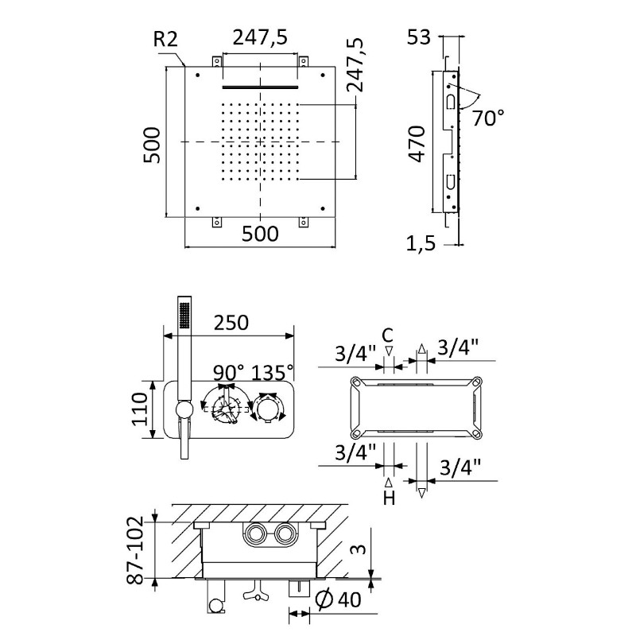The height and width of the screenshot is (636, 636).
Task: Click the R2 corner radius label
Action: point(165,40)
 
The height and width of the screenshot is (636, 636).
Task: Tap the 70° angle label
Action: point(488,118)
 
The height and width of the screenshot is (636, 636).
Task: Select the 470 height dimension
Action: point(417,144)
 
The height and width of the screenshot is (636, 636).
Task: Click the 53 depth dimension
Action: point(418,37)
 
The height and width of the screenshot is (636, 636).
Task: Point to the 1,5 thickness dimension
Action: point(421,243)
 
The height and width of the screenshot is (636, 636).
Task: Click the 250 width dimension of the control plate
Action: point(231,323)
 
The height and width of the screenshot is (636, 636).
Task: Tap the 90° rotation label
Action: point(229,372)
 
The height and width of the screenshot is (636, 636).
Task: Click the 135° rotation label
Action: point(272,372)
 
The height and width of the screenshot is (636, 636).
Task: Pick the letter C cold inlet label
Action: point(388,335)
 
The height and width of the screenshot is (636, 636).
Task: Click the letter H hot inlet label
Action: point(389,498)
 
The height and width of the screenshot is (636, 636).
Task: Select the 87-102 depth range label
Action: point(135,550)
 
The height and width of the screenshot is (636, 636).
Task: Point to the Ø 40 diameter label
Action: point(339,599)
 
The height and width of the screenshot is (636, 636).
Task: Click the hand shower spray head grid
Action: point(184,315)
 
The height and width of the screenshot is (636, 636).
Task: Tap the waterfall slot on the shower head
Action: point(260,87)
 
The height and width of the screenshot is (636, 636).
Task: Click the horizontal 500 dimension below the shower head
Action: point(260,234)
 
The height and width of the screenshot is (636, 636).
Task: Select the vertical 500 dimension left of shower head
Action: point(153,145)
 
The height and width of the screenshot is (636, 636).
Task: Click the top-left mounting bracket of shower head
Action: point(217,62)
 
